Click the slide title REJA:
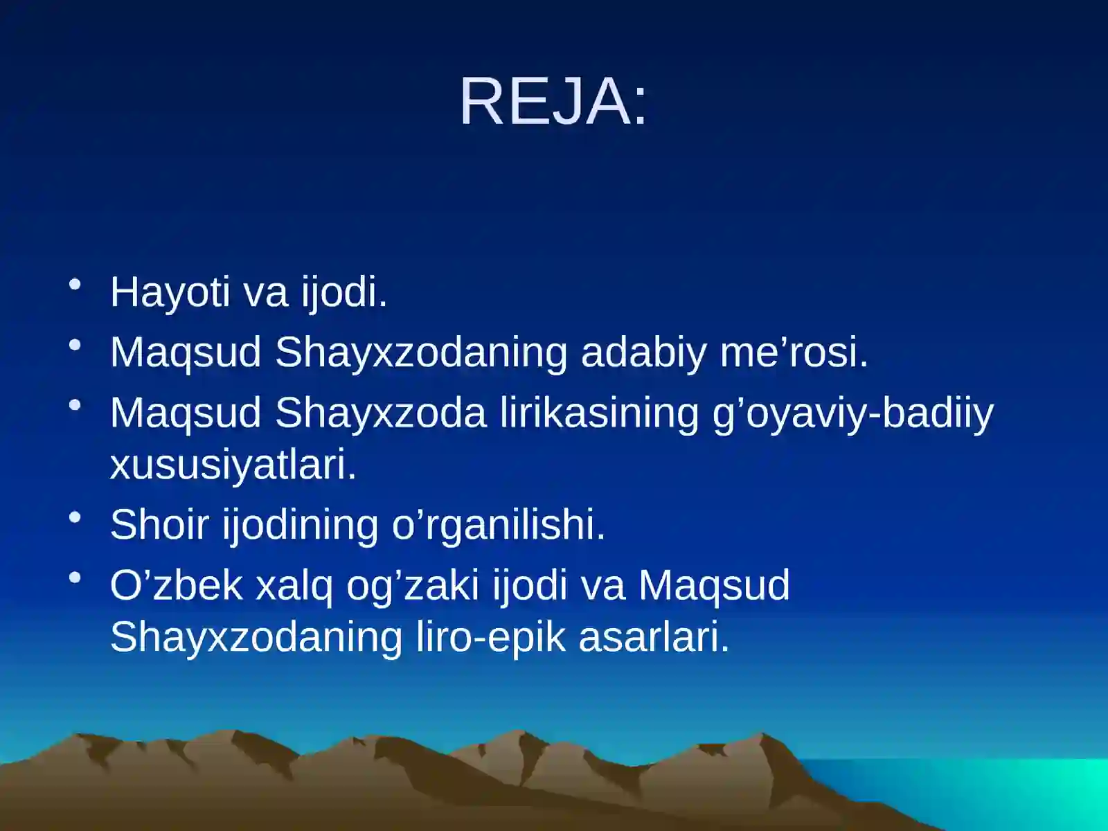coord(553,102)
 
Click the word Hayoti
coord(170,292)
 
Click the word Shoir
coord(159,524)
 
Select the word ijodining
coord(300,526)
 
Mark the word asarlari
coord(654,637)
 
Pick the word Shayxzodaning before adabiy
coord(421,353)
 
